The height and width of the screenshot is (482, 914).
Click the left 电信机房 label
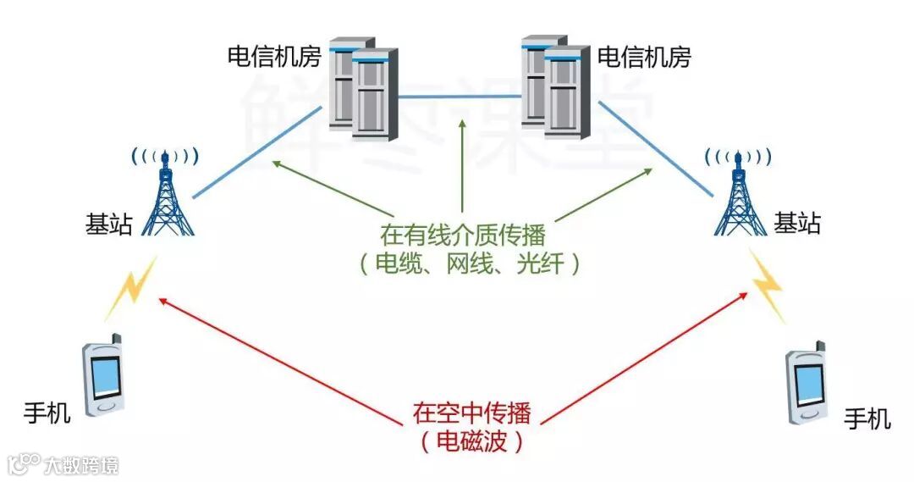click(x=274, y=57)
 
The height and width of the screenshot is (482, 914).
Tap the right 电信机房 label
click(x=644, y=57)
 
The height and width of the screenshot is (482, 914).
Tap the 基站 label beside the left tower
click(x=109, y=224)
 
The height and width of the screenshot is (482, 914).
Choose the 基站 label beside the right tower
click(x=797, y=224)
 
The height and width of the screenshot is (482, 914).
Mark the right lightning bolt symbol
click(x=768, y=284)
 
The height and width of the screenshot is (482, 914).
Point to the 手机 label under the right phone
click(x=867, y=418)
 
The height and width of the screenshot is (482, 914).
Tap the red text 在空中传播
click(x=471, y=413)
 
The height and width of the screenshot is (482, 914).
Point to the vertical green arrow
click(x=463, y=165)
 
